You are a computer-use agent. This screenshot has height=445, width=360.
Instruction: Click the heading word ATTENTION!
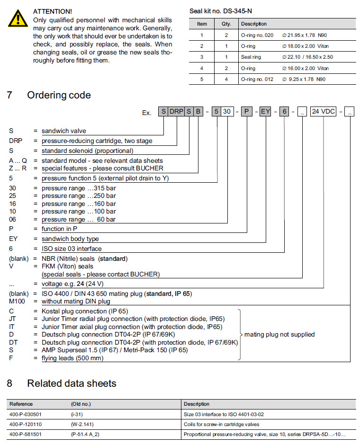(x=53, y=11)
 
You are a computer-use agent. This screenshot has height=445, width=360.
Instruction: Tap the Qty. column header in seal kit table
(x=222, y=24)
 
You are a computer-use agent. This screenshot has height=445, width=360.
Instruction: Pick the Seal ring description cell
(x=251, y=57)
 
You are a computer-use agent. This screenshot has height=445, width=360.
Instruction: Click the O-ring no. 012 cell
(x=257, y=79)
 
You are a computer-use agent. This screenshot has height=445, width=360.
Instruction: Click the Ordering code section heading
(x=58, y=95)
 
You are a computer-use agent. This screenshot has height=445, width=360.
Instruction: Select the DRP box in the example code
(x=176, y=112)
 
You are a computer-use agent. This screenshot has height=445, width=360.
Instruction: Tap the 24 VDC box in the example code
(x=324, y=112)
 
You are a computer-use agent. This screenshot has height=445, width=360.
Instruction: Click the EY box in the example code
(x=265, y=112)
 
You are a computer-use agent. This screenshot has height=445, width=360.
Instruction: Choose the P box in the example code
(x=247, y=112)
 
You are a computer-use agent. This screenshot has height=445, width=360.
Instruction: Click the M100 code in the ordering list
(x=17, y=301)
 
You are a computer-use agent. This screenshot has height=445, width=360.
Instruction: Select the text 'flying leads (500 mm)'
(x=72, y=358)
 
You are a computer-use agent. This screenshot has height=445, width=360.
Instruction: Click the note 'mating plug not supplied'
(x=279, y=334)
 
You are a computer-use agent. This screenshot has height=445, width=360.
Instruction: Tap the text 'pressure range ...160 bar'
(x=79, y=204)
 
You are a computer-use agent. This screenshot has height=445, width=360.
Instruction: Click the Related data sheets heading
(x=71, y=383)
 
